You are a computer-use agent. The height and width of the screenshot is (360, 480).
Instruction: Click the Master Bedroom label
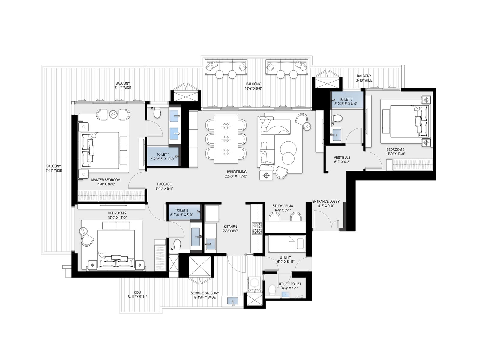point(106,180)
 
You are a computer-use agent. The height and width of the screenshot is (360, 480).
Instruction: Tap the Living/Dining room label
point(236,172)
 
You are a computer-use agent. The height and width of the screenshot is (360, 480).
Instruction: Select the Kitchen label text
point(230,227)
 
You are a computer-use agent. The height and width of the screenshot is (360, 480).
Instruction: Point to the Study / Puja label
point(283,206)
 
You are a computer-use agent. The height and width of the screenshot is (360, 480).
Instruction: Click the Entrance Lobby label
point(326,201)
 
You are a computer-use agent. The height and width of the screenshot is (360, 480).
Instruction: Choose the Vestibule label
point(342,157)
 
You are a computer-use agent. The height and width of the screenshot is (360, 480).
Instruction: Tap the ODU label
point(137,292)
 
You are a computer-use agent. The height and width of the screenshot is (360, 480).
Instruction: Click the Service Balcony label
point(205,293)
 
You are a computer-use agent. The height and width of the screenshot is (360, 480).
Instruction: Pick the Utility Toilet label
point(290,284)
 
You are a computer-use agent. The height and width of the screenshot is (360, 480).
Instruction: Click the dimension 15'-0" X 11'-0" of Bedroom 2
point(117,218)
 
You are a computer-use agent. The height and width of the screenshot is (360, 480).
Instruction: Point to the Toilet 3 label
point(346,99)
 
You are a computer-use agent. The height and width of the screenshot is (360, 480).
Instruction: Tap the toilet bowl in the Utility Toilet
point(272,290)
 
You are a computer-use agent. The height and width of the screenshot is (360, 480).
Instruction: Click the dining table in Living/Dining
point(226,139)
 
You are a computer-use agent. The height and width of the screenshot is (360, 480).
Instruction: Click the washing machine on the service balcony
point(254,283)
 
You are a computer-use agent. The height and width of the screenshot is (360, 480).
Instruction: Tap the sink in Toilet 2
point(196,236)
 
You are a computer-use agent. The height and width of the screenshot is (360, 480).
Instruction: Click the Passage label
point(164,184)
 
